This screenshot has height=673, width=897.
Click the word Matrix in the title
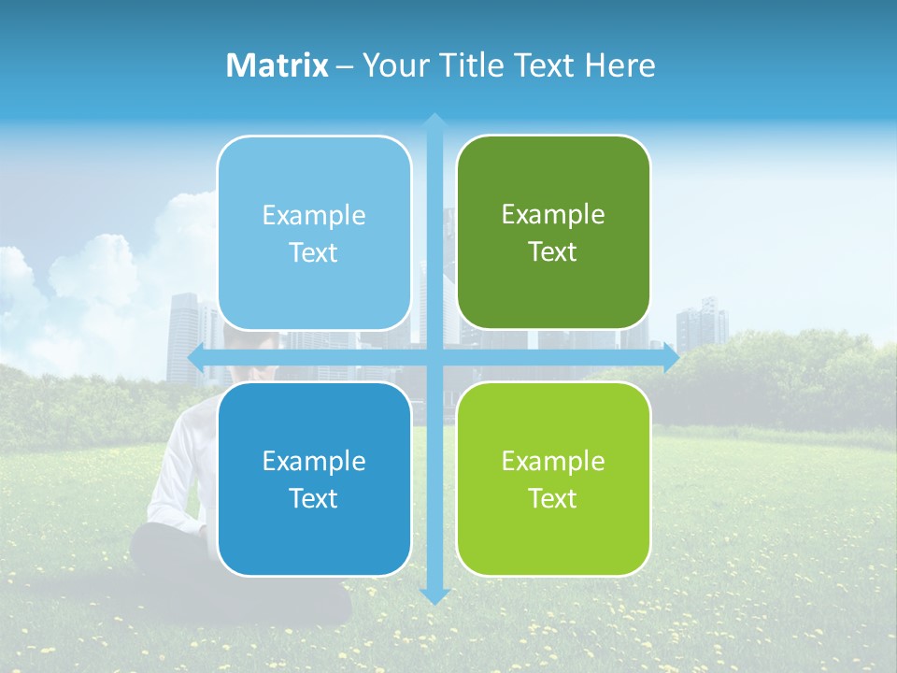pyautogui.click(x=278, y=65)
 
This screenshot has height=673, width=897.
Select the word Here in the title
pyautogui.click(x=620, y=65)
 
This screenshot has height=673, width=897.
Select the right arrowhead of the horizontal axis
pyautogui.click(x=671, y=358)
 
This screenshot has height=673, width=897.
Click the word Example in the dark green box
pyautogui.click(x=553, y=215)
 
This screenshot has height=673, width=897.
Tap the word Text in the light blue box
pyautogui.click(x=314, y=253)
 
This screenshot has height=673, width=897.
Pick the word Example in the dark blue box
pyautogui.click(x=314, y=461)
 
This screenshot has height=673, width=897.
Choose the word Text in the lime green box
pyautogui.click(x=553, y=499)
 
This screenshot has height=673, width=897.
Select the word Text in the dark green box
pyautogui.click(x=553, y=252)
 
